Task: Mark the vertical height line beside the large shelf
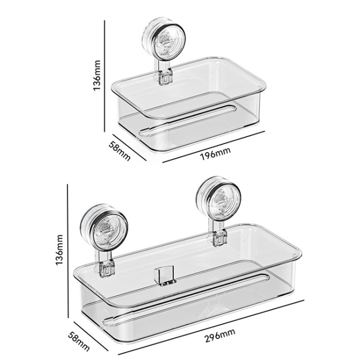coord(69,250)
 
